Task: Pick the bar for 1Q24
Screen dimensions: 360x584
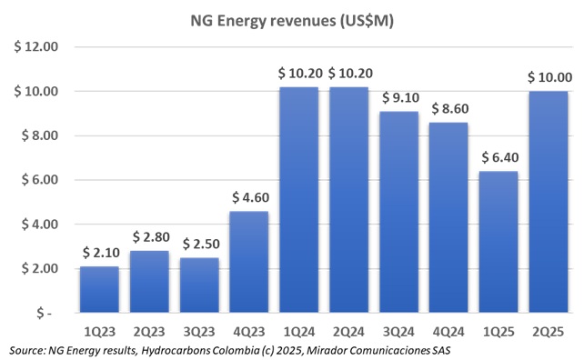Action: pyautogui.click(x=298, y=200)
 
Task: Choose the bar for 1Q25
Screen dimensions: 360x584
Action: pyautogui.click(x=498, y=242)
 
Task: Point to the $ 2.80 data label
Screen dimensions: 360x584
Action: pyautogui.click(x=149, y=238)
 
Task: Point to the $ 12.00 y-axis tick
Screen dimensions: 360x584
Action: pyautogui.click(x=35, y=47)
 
